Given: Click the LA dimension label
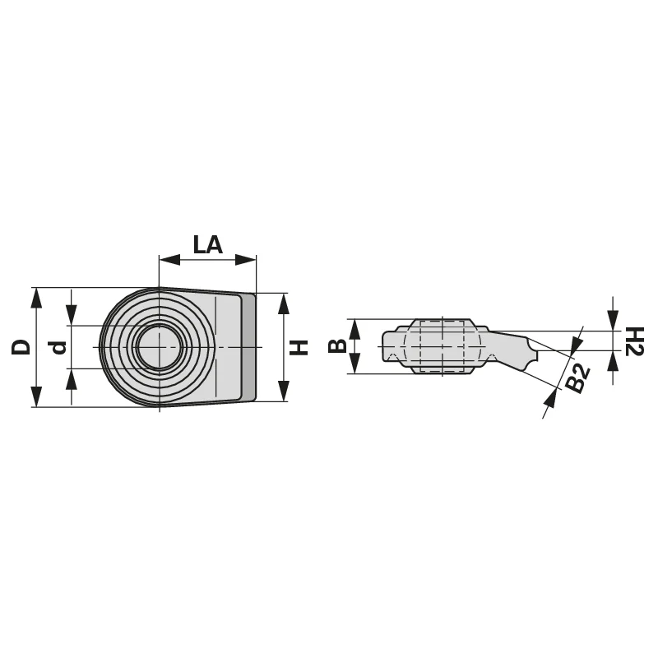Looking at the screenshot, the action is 207,244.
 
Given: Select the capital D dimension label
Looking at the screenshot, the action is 21,347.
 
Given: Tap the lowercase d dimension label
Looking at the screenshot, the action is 59,348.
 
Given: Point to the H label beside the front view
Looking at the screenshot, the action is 299,347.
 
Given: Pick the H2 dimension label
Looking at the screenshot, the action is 634,341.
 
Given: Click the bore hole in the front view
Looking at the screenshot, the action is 159,347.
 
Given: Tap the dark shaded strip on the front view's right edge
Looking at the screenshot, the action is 249,346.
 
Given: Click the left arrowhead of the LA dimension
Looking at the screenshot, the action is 169,260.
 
